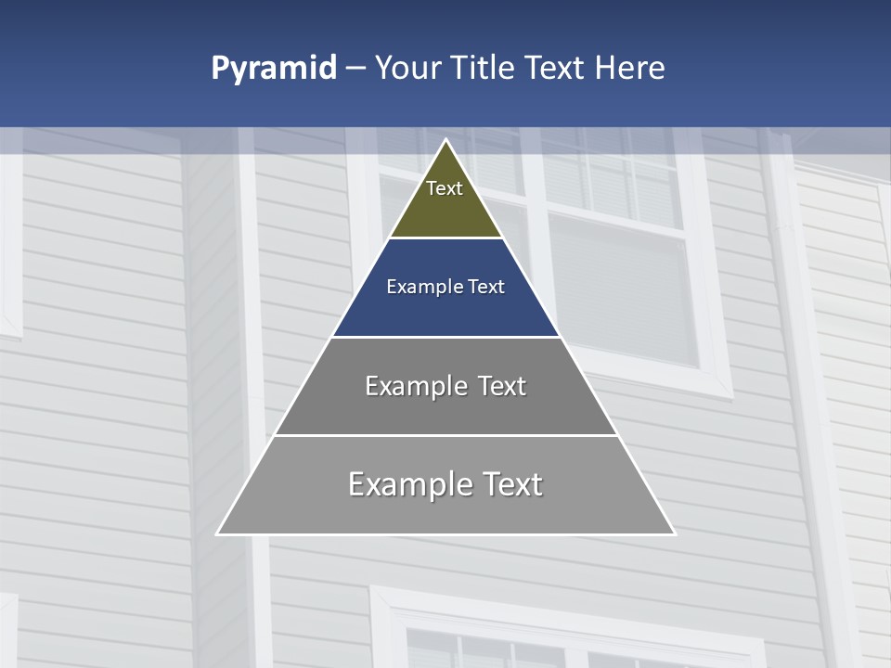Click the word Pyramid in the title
pyautogui.click(x=274, y=69)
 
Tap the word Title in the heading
pyautogui.click(x=483, y=68)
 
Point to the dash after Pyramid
pyautogui.click(x=355, y=70)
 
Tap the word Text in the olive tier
pyautogui.click(x=445, y=188)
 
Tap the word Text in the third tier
pyautogui.click(x=501, y=386)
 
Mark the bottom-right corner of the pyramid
pyautogui.click(x=674, y=533)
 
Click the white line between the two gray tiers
pyautogui.click(x=445, y=435)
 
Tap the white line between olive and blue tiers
pyautogui.click(x=445, y=238)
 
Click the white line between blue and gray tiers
pyautogui.click(x=445, y=337)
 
